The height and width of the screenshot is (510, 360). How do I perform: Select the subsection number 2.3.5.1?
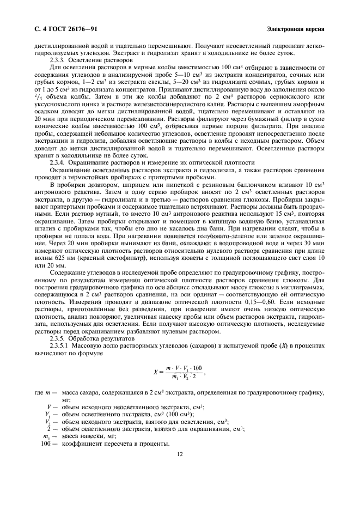pos(61,344)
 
